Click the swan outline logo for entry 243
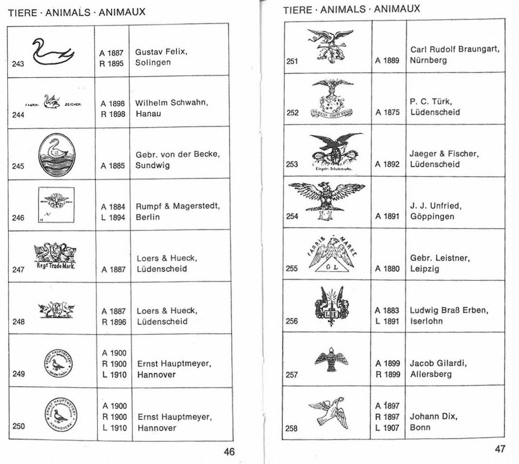(52, 52)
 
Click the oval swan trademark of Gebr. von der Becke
(57, 152)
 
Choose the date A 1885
(113, 166)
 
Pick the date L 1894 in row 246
(113, 218)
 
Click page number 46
(229, 452)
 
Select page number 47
(500, 449)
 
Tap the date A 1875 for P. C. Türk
(388, 113)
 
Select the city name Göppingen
(432, 217)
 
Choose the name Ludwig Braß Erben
(449, 311)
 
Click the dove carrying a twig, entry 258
(329, 412)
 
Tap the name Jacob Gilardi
(438, 363)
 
